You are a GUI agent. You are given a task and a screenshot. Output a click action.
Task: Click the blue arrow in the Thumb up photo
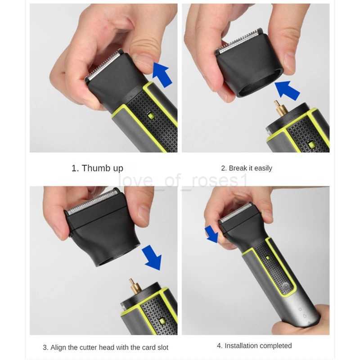[x=162, y=74]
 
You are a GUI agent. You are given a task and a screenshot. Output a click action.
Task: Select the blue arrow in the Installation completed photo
[x=211, y=234]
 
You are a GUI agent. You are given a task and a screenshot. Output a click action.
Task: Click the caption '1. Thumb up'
[x=97, y=168]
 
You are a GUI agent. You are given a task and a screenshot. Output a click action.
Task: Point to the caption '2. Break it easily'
[x=246, y=168]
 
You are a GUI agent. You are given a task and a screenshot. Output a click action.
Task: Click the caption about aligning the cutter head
[x=105, y=347]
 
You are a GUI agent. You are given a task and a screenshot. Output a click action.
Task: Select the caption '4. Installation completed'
[x=254, y=346]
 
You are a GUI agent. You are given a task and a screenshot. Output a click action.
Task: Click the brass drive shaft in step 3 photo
[x=133, y=284]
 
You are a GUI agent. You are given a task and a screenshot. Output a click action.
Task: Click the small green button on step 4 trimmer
[x=267, y=257]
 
